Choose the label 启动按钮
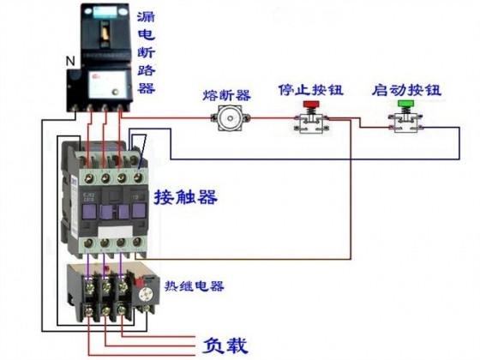tap(405, 88)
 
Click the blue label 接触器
tap(185, 197)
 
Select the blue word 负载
tap(226, 346)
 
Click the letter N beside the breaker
tap(69, 61)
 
